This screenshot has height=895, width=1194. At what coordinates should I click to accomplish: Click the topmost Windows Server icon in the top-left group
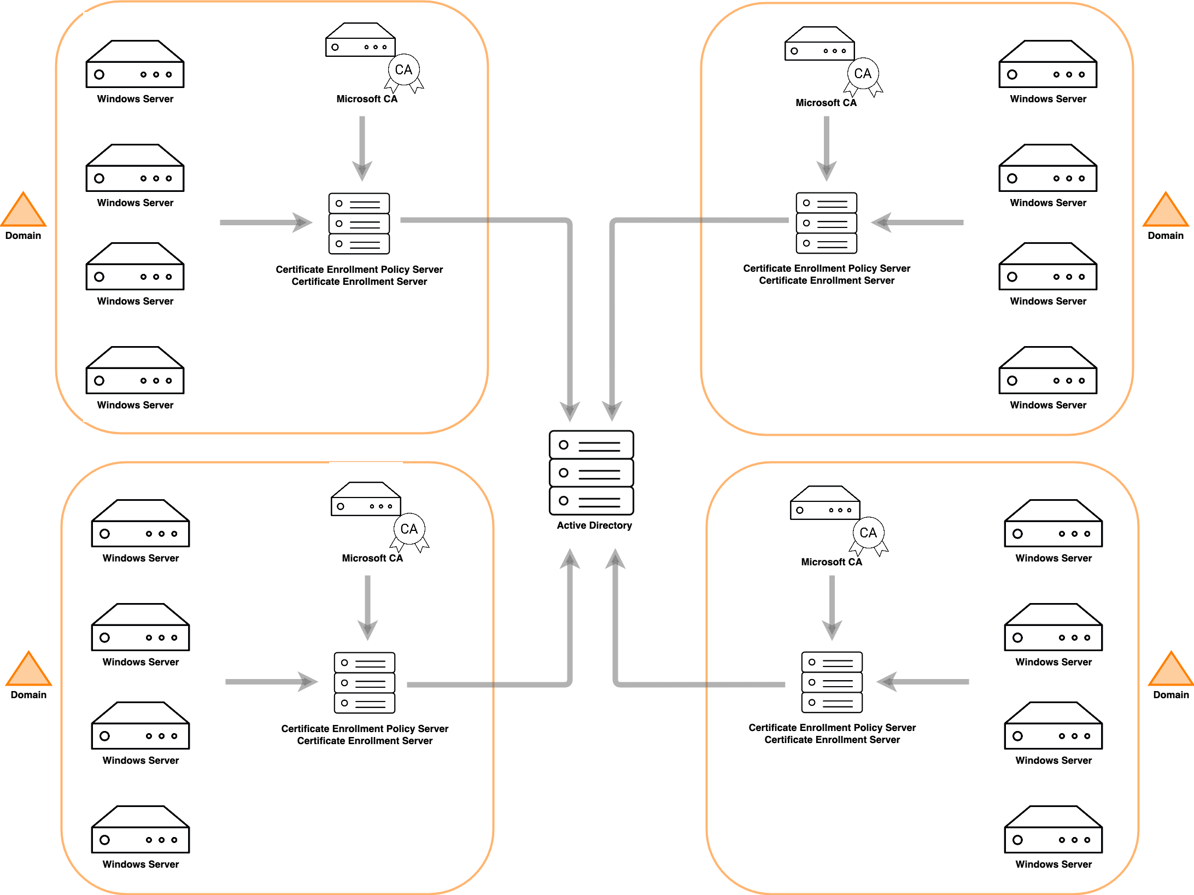135,64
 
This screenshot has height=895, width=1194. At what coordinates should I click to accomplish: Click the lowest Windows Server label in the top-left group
135,405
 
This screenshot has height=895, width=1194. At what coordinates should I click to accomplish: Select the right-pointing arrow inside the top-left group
266,223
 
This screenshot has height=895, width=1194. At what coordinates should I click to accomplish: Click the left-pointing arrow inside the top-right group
917,223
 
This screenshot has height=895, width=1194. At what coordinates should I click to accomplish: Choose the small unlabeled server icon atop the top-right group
820,43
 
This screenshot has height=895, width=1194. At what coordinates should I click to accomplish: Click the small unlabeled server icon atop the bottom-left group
366,499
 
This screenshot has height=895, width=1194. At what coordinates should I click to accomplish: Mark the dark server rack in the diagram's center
592,473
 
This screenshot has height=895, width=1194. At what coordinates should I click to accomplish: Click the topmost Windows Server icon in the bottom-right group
1053,523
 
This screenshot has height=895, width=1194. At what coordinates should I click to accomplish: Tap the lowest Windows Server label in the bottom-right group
1053,864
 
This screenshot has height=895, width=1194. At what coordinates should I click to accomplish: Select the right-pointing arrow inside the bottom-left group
271,682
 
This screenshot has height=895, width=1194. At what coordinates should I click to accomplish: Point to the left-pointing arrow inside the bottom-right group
922,682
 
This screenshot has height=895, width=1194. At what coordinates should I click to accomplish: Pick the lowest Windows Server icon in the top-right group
1048,370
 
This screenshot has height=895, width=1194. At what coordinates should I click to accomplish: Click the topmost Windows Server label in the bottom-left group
141,558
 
